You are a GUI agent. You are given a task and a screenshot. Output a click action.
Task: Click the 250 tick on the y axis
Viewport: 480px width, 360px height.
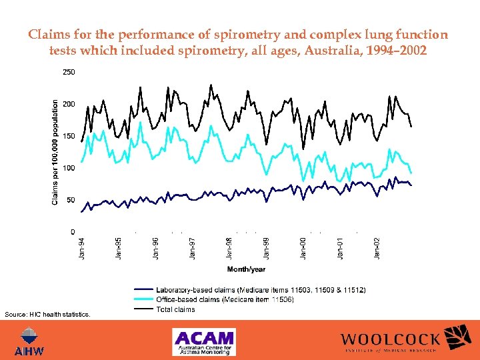click(69, 72)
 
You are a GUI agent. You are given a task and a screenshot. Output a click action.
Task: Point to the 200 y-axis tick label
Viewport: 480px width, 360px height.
click(69, 104)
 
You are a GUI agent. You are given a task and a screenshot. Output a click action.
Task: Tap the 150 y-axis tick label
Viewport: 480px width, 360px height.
click(69, 136)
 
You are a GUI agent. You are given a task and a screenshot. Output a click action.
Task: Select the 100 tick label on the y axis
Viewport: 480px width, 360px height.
click(69, 168)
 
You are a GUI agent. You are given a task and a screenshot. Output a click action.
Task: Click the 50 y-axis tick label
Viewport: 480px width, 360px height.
click(71, 200)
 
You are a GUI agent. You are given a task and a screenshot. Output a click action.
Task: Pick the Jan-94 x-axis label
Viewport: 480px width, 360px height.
click(82, 248)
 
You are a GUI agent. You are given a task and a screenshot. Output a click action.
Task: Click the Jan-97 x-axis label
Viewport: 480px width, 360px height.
click(193, 248)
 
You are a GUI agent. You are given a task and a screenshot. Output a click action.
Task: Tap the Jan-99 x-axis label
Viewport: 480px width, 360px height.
click(267, 248)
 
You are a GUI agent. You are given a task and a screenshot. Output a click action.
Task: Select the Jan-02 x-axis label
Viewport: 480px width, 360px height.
click(377, 248)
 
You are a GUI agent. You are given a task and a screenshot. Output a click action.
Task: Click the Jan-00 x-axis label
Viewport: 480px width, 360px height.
click(303, 248)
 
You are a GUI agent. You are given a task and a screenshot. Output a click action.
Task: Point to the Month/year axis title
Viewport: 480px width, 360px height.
click(247, 269)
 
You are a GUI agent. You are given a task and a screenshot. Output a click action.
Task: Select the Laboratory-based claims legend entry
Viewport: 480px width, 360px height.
click(260, 290)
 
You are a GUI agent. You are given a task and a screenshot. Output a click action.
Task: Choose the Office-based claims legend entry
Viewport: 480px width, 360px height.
click(225, 299)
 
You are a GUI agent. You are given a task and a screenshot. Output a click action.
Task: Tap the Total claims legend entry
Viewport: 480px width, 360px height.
click(175, 309)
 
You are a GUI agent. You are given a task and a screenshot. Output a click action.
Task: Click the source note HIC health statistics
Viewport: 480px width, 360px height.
click(47, 313)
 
